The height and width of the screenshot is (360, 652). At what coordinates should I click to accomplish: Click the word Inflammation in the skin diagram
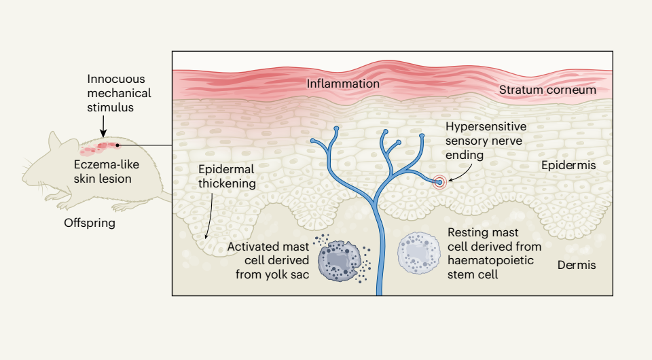[342, 84]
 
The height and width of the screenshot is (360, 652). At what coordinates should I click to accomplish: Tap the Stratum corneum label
[547, 90]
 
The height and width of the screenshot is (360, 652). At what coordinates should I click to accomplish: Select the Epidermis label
[568, 165]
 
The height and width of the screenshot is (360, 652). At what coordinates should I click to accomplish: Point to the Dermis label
[577, 265]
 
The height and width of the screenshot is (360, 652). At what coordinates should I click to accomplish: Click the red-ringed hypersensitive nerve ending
[441, 182]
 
